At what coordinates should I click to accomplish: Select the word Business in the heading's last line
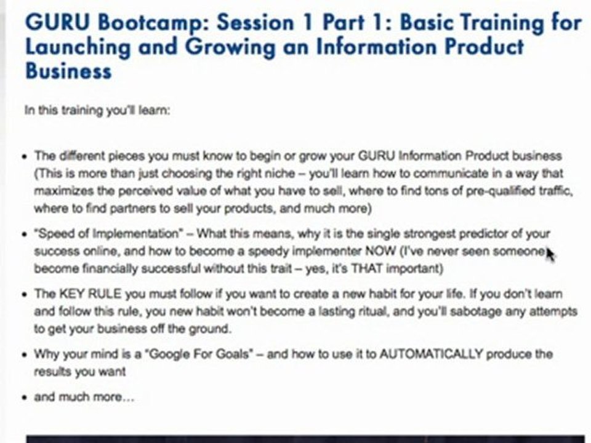point(68,71)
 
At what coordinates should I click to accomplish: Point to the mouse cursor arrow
point(549,253)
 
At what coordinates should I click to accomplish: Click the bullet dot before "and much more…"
point(23,397)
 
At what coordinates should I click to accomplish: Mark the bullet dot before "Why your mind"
point(23,354)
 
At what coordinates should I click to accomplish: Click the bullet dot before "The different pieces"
point(23,156)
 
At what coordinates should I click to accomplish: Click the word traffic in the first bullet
point(555,191)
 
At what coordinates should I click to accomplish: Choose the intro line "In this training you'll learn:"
point(97,111)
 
